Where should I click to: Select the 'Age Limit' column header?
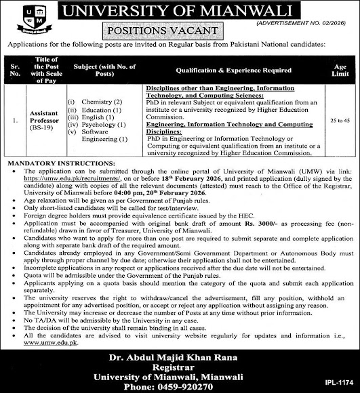[337, 68]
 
